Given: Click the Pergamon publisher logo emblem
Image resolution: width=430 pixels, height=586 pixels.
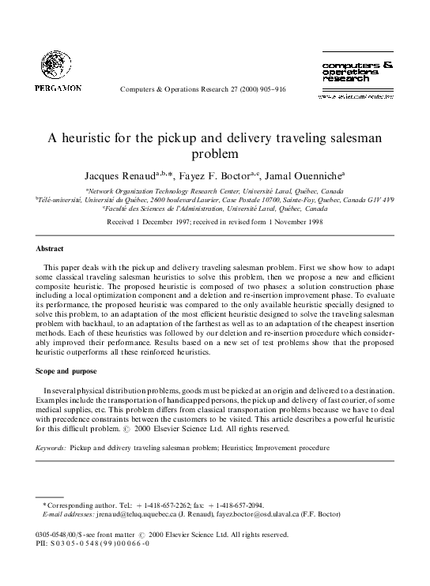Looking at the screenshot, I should [x=54, y=64].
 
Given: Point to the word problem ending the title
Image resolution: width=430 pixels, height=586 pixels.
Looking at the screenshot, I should [x=215, y=153].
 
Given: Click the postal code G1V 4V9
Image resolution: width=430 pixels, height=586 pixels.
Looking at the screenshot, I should [x=398, y=200].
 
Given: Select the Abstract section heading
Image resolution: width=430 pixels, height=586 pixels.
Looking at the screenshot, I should [x=29, y=250].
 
